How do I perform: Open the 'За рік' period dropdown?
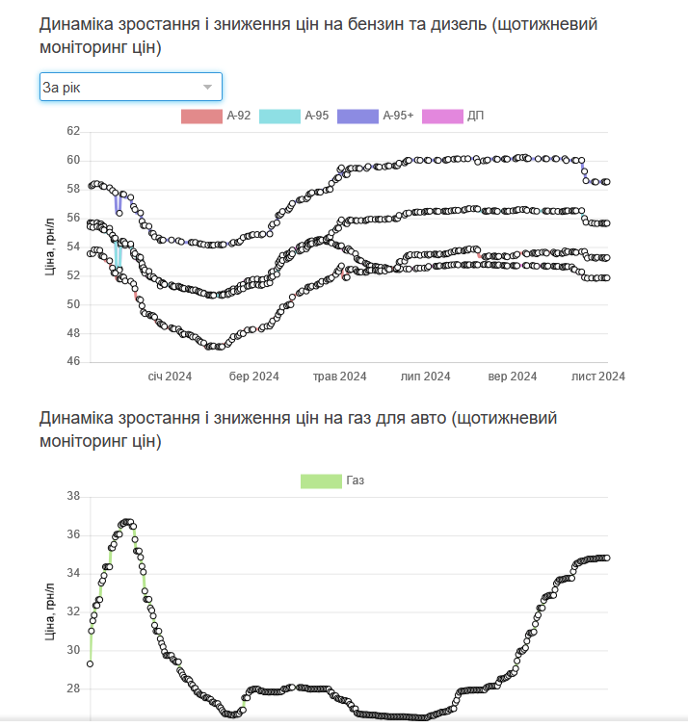[130, 88]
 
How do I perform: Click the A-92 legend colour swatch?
[200, 116]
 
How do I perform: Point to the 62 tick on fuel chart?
[73, 131]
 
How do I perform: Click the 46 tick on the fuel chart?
[73, 362]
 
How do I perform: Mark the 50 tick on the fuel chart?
[73, 304]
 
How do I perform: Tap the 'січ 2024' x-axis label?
[170, 376]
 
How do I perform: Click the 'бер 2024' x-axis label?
[254, 376]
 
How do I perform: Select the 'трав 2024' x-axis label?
[339, 376]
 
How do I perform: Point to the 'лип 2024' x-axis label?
[425, 376]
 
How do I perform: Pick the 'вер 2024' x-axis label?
[513, 376]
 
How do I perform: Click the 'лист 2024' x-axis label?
[598, 376]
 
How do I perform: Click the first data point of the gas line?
[90, 663]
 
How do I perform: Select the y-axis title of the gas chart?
[50, 612]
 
